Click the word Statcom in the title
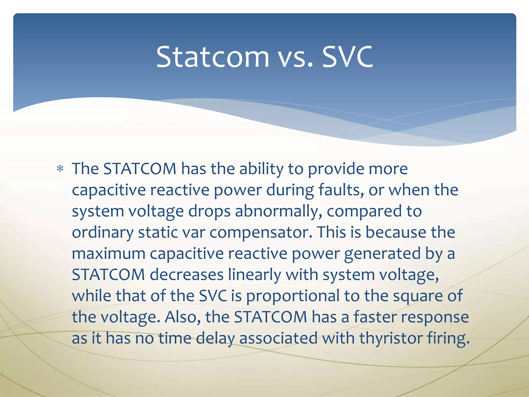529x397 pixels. tap(213, 57)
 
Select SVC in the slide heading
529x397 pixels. tap(348, 57)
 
